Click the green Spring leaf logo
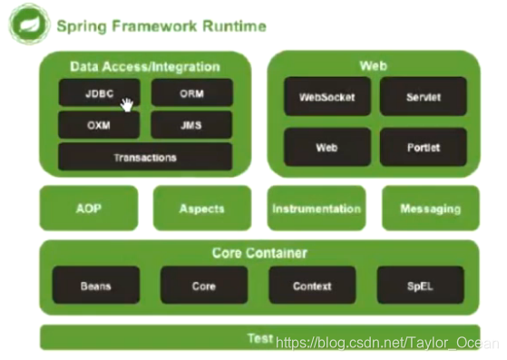coord(28,24)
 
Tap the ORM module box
coord(191,93)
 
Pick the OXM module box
coord(99,125)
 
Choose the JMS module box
coord(191,125)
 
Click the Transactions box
coord(145,157)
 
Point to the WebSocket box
coord(327,97)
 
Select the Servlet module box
coord(423,97)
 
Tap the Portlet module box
coord(423,147)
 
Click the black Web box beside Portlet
coord(327,147)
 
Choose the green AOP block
coord(89,209)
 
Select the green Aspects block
coord(201,209)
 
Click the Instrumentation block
coord(316,209)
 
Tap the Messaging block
coord(430,209)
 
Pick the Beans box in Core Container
coord(96,286)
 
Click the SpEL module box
coord(420,286)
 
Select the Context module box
coord(312,286)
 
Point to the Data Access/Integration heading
coord(145,66)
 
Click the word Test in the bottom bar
coord(260,338)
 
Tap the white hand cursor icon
coord(127,105)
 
